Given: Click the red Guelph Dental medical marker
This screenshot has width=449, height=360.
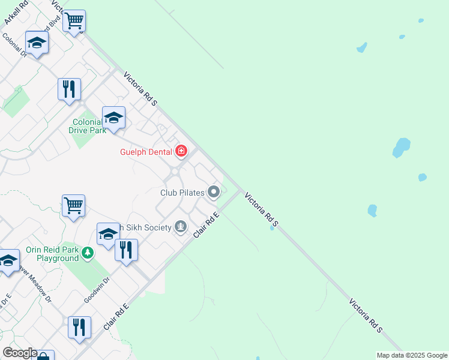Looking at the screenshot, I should (x=181, y=151).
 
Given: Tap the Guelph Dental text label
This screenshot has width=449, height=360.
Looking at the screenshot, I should (x=145, y=152).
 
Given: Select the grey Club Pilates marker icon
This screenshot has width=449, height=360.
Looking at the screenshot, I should (x=214, y=193).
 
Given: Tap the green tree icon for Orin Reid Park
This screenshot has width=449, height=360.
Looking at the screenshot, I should (x=88, y=253).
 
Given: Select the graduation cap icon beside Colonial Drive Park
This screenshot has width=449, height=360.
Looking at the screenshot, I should (x=113, y=117).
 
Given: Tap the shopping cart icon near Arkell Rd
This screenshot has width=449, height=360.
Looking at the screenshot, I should (x=74, y=21).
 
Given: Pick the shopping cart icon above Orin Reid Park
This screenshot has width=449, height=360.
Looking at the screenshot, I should (x=73, y=205).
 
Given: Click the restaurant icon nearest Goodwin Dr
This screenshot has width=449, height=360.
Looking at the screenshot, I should (x=126, y=250).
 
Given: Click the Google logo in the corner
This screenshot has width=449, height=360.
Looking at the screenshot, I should (x=20, y=353).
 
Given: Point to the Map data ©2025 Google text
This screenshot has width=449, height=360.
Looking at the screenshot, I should (x=412, y=355).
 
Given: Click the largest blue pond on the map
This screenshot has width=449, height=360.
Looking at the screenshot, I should (x=401, y=147).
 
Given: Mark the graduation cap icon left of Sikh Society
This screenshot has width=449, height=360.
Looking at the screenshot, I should (x=108, y=233).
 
